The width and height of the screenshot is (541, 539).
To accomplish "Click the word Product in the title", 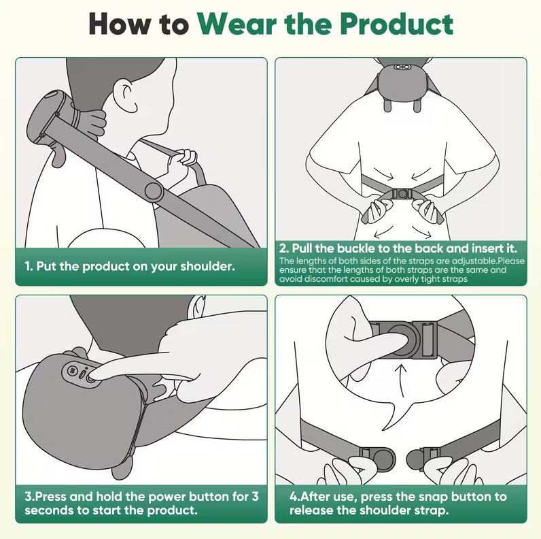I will [x=396, y=24].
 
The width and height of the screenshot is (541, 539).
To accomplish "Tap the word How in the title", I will [x=120, y=24].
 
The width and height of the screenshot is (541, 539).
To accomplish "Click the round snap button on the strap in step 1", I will [x=153, y=191].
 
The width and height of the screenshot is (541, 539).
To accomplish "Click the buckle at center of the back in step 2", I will [x=401, y=194].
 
